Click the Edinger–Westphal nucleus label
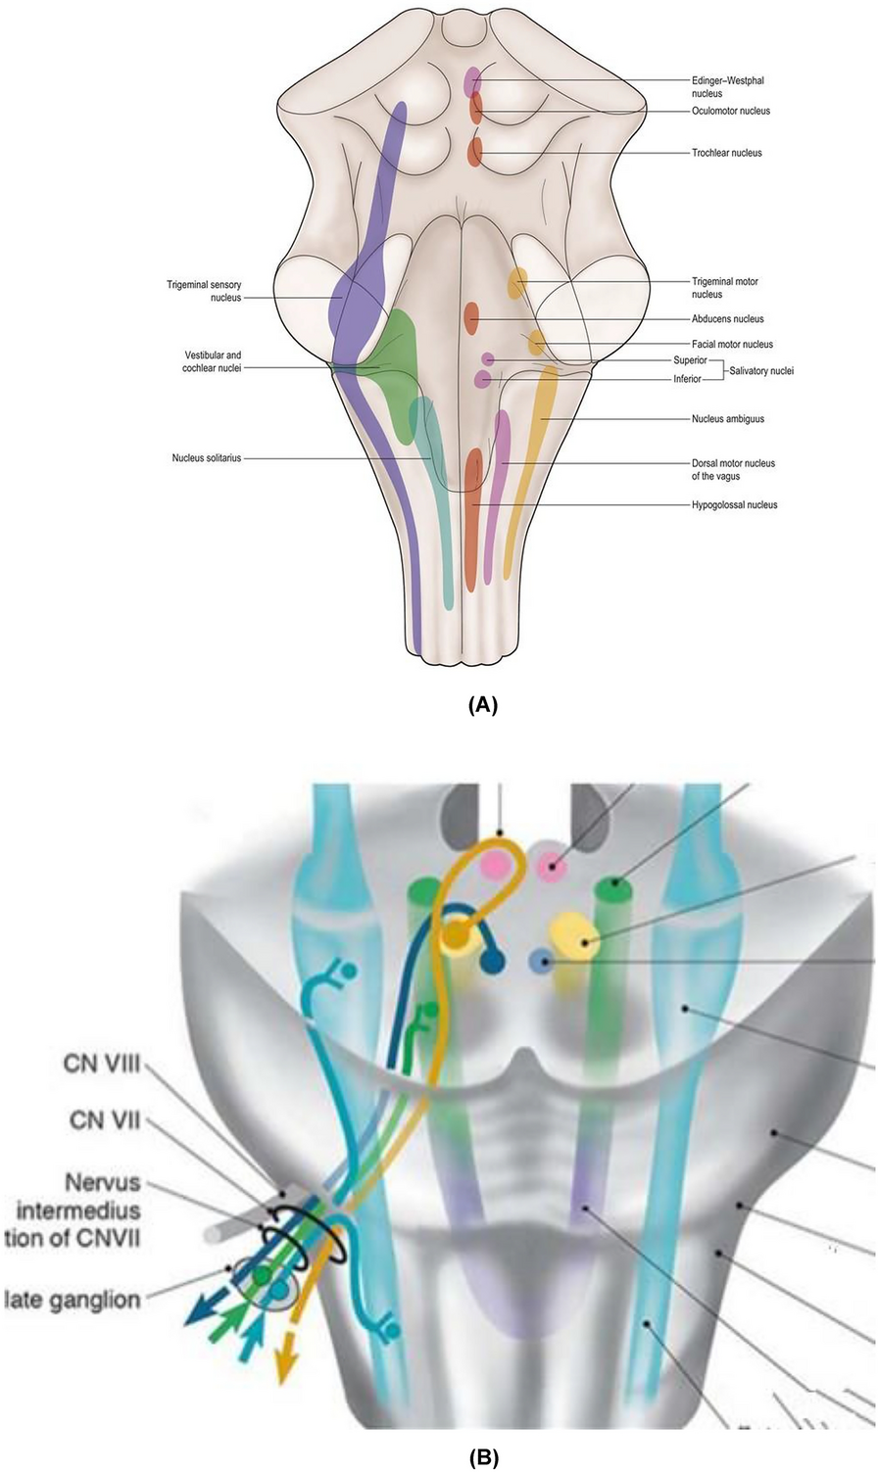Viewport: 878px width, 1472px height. coord(720,86)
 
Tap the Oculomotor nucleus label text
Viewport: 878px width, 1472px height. coord(731,111)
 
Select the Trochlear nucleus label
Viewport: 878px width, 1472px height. coord(726,153)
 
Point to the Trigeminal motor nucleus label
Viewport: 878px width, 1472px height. coord(724,287)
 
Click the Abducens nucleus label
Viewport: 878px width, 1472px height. coord(727,319)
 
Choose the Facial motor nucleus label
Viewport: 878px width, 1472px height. coord(732,345)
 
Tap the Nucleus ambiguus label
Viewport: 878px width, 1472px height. coord(727,419)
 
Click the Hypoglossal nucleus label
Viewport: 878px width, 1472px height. coord(734,505)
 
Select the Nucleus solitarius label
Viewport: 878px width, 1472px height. coord(207,457)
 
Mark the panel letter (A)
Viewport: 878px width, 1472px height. coord(484,704)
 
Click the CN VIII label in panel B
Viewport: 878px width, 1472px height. coord(104,1063)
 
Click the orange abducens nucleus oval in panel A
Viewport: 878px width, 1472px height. coord(471,317)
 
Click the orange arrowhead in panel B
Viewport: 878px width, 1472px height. coord(284,1370)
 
